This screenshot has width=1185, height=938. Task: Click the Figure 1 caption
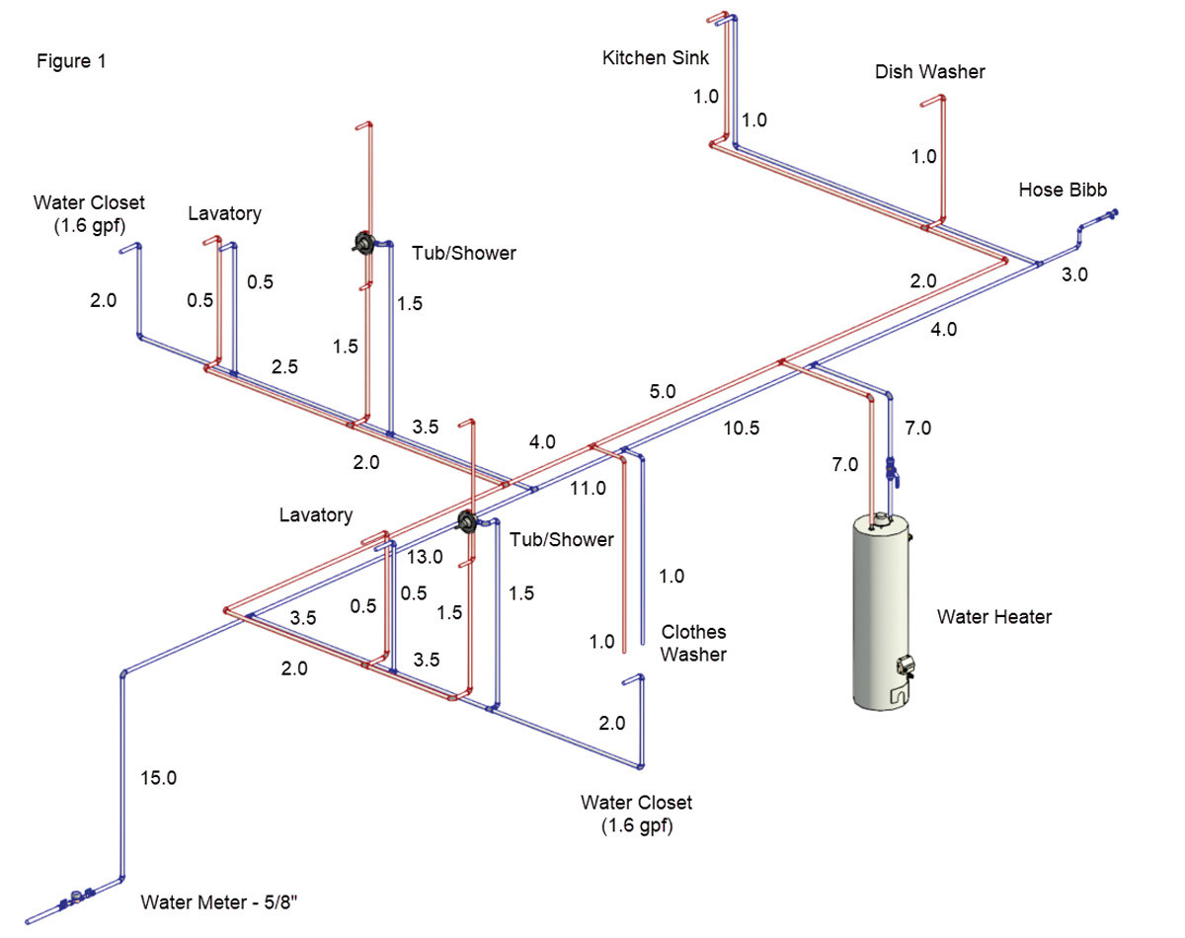(x=71, y=61)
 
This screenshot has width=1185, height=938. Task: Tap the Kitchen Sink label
(x=655, y=58)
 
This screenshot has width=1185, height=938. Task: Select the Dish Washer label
(x=929, y=72)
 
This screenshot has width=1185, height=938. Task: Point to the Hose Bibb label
(x=1063, y=190)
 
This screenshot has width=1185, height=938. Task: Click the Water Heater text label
(x=993, y=617)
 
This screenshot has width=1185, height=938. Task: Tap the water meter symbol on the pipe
(x=75, y=899)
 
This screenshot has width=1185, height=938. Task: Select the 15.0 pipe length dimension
(x=158, y=778)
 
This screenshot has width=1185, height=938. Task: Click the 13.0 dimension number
(x=425, y=557)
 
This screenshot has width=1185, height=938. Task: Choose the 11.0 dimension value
(x=588, y=487)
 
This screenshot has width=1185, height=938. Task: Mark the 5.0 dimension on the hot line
(x=663, y=391)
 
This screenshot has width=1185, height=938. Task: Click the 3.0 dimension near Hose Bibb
(x=1073, y=275)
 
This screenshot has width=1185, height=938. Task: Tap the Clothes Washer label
(x=693, y=643)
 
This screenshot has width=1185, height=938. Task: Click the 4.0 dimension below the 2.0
(x=943, y=330)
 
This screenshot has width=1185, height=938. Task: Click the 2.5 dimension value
(x=285, y=366)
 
